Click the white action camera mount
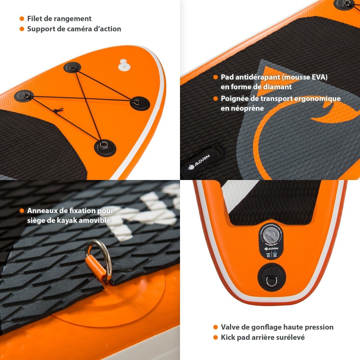[x=123, y=64]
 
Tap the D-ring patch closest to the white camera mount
[x=72, y=67]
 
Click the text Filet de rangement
[x=59, y=18]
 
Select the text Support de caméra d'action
[x=74, y=29]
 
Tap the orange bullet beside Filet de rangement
[x=22, y=19]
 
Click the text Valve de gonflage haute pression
[x=277, y=327]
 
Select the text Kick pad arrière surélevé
[x=263, y=337]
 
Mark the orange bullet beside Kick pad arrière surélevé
[x=215, y=338]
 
